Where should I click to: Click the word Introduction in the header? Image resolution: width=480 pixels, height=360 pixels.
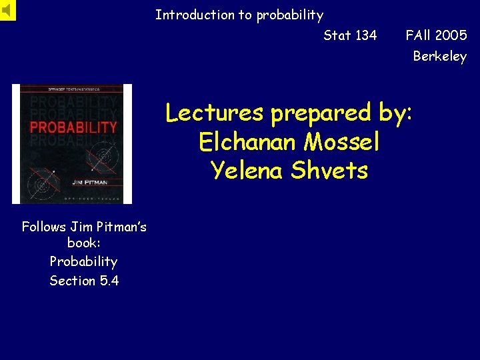point(185,15)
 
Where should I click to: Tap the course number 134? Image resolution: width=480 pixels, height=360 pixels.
point(365,35)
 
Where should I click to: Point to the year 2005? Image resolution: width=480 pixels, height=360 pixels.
point(451,35)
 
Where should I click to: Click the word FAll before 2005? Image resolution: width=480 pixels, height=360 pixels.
point(418,35)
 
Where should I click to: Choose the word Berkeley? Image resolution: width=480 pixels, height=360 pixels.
point(440,57)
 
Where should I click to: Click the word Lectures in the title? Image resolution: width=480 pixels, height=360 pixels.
point(215,113)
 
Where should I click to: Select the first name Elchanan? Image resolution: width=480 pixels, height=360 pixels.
point(251,142)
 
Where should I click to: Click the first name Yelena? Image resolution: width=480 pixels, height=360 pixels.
point(247,171)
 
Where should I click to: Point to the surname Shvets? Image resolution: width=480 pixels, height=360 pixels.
point(330,171)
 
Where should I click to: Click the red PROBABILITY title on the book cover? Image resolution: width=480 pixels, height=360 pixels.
point(74,127)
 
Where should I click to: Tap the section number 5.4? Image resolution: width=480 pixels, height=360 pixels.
point(109,281)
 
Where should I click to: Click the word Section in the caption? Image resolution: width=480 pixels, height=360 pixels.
point(73,281)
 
